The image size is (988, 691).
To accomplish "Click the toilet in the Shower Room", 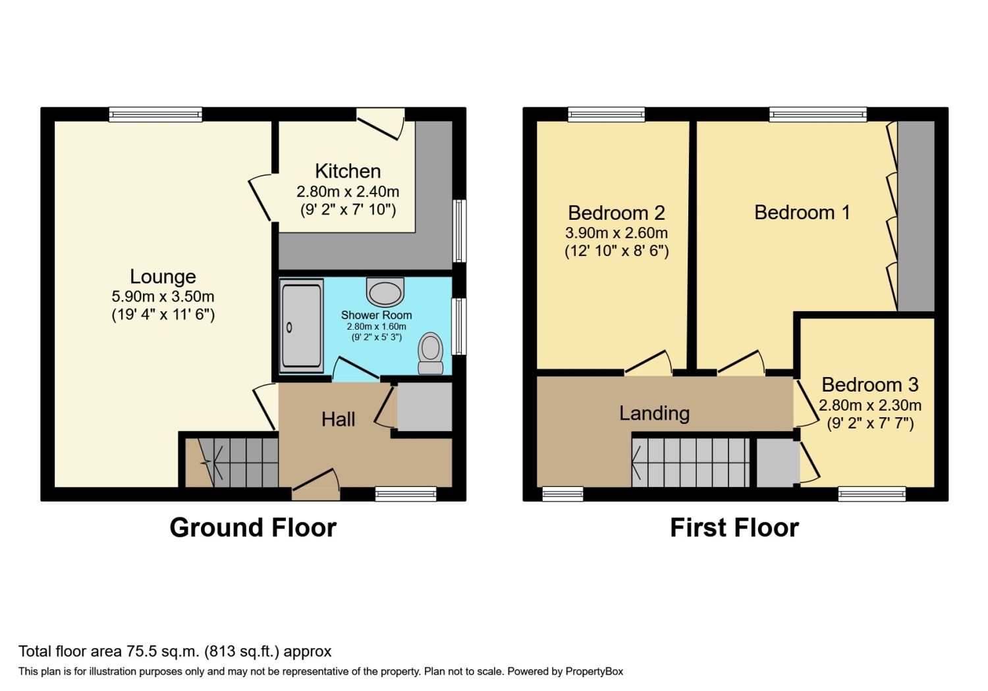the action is pos(431,353).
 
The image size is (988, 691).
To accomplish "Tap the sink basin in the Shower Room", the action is pos(385,292).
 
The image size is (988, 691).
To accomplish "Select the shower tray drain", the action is pos(289,328).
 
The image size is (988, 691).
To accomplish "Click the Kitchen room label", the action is pos(348,171).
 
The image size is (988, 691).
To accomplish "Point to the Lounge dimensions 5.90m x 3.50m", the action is pos(163,296).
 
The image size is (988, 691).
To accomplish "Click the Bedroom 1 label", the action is pos(802,213).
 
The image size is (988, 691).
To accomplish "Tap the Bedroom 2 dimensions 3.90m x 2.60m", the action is pos(617,233).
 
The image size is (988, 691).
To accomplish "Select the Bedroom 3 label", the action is pos(870,385).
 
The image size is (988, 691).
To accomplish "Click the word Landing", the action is pos(655,413).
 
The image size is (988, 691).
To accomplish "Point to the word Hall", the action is pos(339,420).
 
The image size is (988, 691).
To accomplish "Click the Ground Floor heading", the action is pos(253,528).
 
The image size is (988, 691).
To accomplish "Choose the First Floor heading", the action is pos(734,528).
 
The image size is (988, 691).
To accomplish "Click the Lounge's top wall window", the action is pos(155,115).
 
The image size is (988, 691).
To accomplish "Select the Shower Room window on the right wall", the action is pos(459,326).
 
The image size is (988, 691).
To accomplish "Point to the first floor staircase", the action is pos(691,462).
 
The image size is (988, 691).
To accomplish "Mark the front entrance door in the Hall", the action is pos(316,485).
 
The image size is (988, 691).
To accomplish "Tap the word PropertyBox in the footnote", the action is pos(594,672).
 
